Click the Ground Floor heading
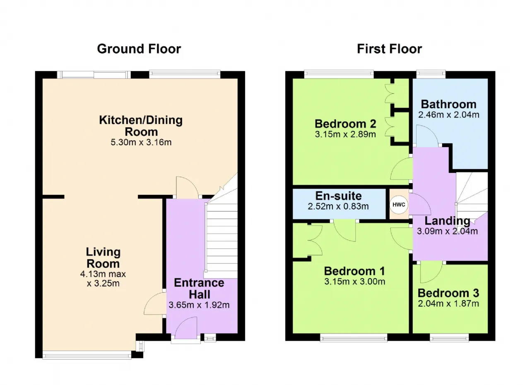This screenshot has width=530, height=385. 139,49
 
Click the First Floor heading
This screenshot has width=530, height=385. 390,49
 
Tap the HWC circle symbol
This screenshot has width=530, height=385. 399,205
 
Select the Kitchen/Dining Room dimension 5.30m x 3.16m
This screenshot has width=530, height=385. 141,142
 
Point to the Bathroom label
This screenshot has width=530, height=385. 448,104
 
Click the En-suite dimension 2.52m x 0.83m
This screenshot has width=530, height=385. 338,206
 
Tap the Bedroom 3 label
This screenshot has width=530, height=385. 448,293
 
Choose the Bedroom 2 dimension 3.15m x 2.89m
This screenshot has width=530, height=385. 345,134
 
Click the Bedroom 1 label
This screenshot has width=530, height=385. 354,271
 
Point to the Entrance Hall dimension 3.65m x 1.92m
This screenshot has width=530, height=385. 199,305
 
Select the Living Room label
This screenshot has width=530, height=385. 103,258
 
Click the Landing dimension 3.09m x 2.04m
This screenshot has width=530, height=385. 447,231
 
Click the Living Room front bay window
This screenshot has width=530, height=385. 87,355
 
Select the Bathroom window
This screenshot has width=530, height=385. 431,74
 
